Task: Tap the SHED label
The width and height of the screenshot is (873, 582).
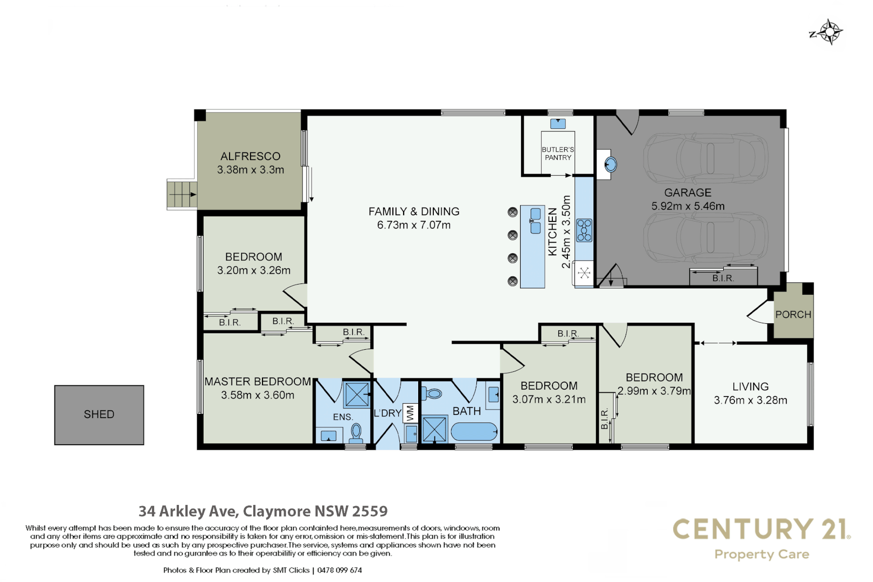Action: (99, 414)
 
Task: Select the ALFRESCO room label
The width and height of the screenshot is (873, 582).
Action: (251, 156)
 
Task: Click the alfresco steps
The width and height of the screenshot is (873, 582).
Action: (182, 194)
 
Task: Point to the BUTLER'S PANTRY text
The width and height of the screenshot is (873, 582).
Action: (558, 154)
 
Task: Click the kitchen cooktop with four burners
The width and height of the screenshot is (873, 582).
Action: (584, 230)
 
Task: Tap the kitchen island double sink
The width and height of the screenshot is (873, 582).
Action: (535, 220)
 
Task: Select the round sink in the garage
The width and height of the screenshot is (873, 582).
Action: (611, 164)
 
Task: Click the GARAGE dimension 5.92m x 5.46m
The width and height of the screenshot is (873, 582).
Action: (688, 206)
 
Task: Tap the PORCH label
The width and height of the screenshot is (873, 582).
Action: (793, 315)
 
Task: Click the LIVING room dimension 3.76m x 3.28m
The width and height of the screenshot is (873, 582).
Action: (750, 400)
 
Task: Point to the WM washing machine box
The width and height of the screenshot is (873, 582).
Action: (411, 413)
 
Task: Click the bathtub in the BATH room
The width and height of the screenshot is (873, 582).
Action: (474, 432)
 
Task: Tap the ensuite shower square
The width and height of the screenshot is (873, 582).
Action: (357, 394)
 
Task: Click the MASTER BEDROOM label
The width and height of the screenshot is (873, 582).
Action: (258, 382)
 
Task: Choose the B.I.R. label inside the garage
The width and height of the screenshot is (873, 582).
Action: (723, 278)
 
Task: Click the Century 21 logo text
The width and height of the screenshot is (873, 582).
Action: (761, 529)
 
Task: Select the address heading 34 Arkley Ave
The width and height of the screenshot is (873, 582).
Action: (263, 511)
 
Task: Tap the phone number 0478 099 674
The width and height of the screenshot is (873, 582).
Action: (339, 570)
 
